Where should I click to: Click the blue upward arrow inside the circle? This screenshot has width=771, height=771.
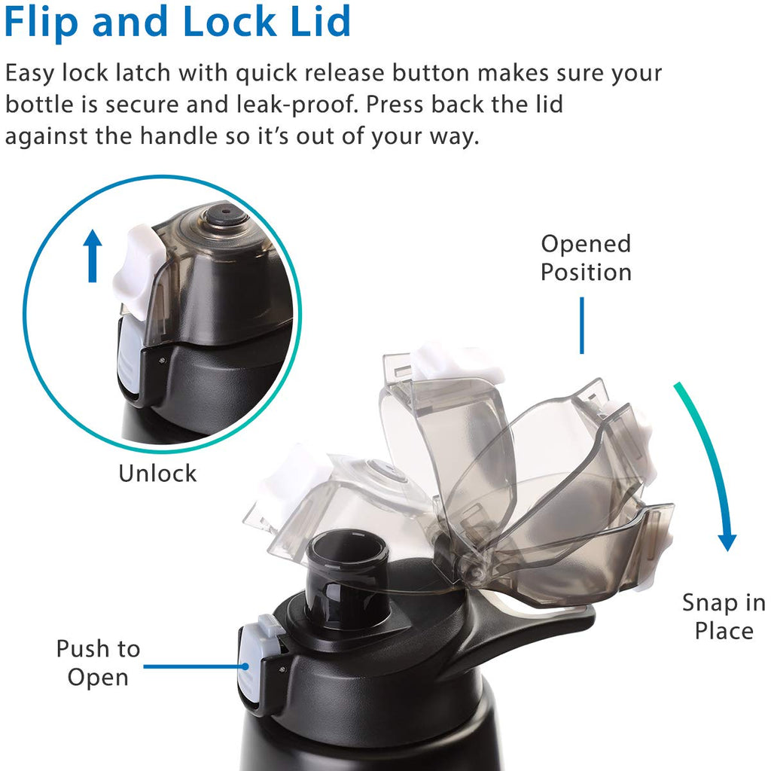(x=92, y=256)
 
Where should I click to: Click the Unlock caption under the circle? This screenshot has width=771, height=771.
(x=157, y=473)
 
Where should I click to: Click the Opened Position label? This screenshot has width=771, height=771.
(x=586, y=258)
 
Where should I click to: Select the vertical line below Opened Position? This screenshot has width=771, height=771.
(x=581, y=325)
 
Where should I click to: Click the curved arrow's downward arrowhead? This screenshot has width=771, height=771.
(x=727, y=541)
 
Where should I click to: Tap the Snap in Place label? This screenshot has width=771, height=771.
(x=723, y=616)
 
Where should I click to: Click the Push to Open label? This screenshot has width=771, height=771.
(x=98, y=663)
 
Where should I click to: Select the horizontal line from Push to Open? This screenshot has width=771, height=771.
(x=191, y=666)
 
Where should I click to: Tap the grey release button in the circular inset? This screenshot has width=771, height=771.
(x=128, y=361)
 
